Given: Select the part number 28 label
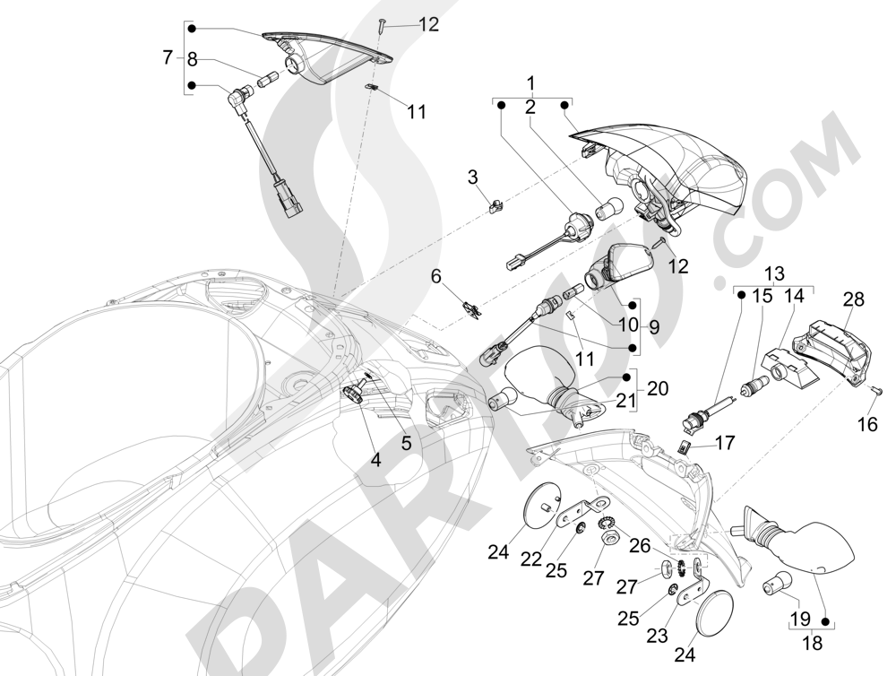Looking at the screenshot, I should (x=853, y=299).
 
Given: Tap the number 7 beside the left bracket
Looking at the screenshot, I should (x=168, y=58).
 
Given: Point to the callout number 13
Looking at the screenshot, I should (x=773, y=273).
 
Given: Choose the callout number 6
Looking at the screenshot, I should (x=436, y=276).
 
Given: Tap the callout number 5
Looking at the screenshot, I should (x=406, y=442).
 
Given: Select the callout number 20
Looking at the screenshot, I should (x=657, y=388).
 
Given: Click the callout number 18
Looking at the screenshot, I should (x=811, y=642).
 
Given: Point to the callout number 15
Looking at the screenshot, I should (x=761, y=295).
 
